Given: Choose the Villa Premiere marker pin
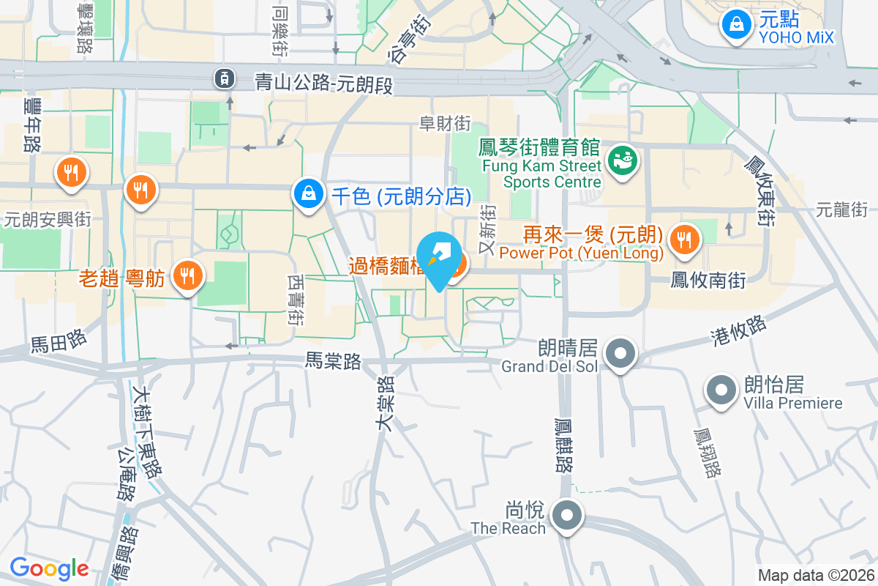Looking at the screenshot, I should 721,390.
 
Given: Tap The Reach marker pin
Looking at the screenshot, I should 566,514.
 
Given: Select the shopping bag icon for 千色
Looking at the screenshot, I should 309,194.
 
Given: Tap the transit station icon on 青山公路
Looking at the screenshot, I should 223,78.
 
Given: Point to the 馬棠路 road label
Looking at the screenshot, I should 333,360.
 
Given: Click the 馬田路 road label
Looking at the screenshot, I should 59,341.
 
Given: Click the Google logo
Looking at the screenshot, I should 49,568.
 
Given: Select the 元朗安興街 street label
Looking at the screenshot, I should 47,218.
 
